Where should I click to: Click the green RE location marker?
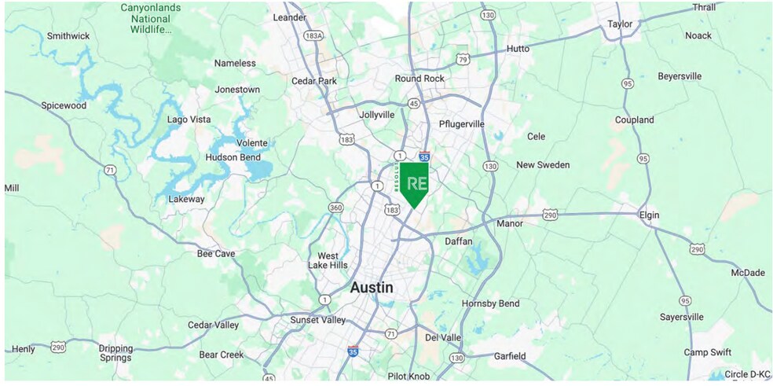[414, 183]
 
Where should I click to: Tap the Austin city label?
[372, 288]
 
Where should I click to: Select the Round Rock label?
[419, 79]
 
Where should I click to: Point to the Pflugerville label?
[461, 124]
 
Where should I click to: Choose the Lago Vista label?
[189, 119]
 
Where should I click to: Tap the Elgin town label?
[649, 215]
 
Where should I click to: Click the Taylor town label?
[620, 24]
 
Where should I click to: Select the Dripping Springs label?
[115, 353]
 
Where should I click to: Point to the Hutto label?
[518, 49]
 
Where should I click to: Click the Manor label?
[510, 223]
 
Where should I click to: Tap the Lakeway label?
[186, 199]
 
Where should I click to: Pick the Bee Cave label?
[217, 254]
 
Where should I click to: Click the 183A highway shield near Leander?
[313, 36]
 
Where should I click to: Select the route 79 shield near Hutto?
[463, 59]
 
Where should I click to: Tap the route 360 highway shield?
[335, 208]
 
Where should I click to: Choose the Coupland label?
[634, 120]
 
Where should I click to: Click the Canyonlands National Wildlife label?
[152, 20]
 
